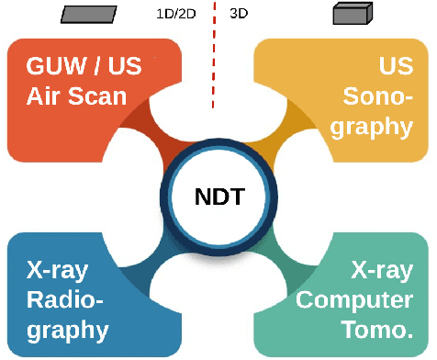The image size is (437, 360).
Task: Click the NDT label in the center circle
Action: pos(218,197)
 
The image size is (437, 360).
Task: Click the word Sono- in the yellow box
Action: pos(377,95)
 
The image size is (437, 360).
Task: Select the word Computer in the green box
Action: pos(353,299)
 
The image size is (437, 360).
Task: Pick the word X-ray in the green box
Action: pos(382,270)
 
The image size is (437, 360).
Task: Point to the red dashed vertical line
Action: pos(214,55)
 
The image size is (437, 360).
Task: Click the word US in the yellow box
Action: pos(396,66)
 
